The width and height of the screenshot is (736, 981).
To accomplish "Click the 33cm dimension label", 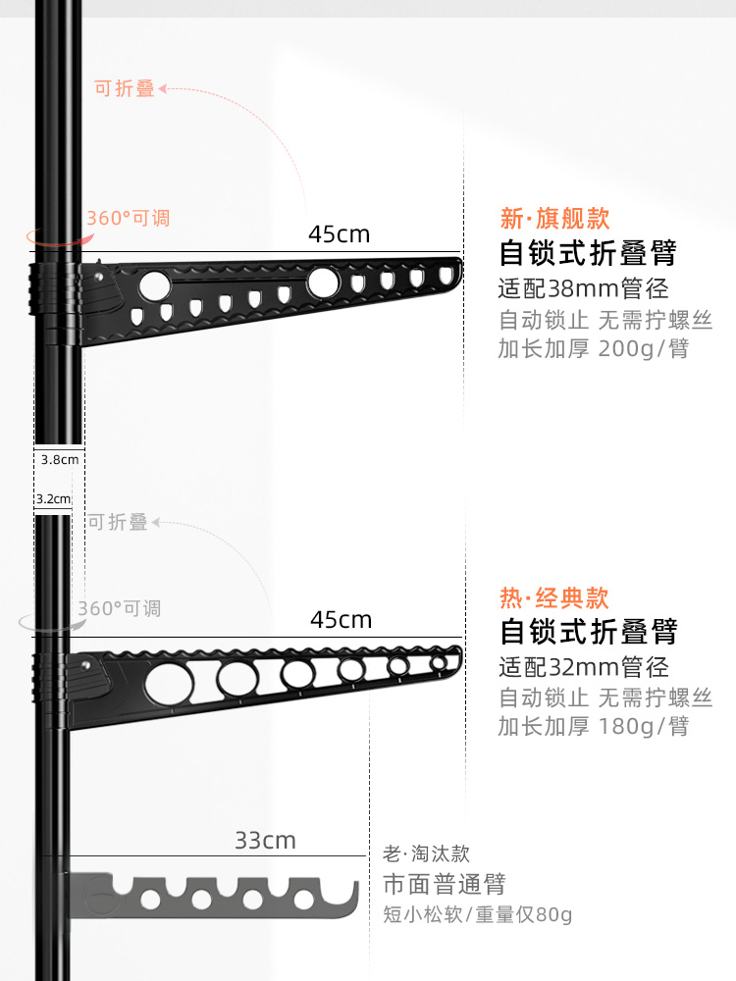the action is tap(265, 841).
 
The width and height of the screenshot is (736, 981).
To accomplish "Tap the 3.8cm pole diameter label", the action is tap(59, 458).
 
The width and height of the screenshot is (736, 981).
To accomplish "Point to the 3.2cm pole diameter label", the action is tap(53, 498).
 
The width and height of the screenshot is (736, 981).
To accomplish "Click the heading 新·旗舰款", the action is tap(554, 217).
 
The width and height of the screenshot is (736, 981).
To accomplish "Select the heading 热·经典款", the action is tap(554, 596).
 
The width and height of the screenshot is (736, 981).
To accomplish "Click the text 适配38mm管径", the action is tap(583, 288).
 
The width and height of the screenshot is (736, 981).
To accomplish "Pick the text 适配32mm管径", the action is tap(583, 667).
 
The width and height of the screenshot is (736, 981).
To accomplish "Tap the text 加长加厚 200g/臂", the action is tap(593, 348).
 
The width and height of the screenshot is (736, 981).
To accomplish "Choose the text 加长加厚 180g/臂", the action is tap(593, 726).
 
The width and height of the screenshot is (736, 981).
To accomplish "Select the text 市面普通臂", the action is tap(444, 884).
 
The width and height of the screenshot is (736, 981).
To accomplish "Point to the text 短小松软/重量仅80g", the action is tap(477, 915).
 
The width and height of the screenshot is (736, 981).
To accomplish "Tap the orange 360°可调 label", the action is tap(128, 218).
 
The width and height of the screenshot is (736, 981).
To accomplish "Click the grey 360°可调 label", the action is tap(119, 608).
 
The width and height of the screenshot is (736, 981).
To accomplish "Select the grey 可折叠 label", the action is tap(118, 523).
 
